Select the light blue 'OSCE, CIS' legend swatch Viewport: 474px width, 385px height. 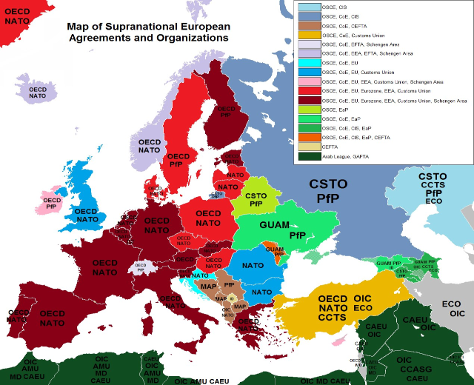coord(304,7)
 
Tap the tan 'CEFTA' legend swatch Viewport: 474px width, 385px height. coord(304,147)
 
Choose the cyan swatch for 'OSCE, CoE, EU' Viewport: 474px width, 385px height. coord(304,63)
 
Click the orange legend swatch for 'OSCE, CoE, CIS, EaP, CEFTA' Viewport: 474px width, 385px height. coord(304,138)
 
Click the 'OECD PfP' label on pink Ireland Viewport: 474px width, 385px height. coord(51,204)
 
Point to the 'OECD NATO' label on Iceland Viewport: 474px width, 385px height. coord(37,93)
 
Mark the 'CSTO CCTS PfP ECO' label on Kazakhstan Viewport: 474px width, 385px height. coord(433,189)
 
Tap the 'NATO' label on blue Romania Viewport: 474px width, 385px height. coord(253,265)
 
